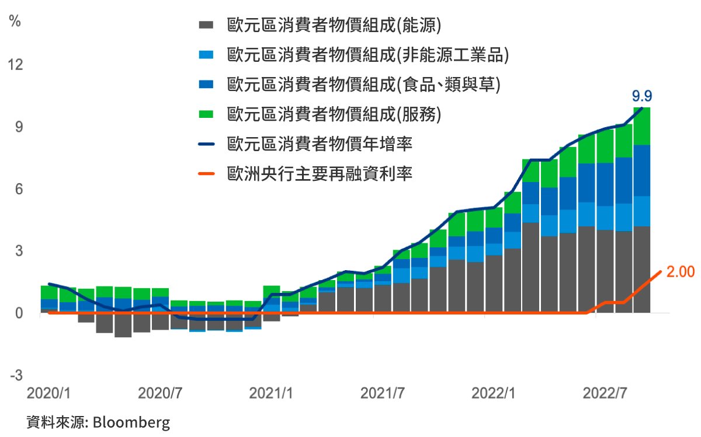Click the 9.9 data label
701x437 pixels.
[642, 96]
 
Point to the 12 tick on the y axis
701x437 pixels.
[15, 64]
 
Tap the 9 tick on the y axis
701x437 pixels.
[19, 127]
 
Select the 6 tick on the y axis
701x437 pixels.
[19, 189]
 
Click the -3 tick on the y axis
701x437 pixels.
[16, 376]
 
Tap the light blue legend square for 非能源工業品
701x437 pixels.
[206, 54]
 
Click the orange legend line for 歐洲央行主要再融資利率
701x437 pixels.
[206, 173]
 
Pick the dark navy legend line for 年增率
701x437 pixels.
[206, 144]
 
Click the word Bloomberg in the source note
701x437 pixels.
[131, 422]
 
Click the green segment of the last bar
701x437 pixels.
[642, 125]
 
